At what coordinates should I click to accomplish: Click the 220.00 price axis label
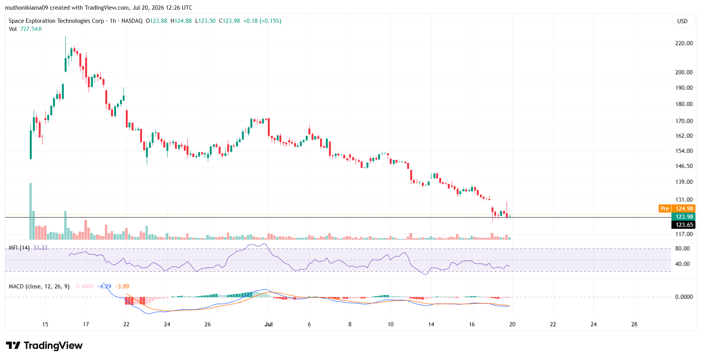[x=684, y=43]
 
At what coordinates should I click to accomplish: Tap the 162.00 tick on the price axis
[x=684, y=136]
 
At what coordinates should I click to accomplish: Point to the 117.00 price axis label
[x=684, y=234]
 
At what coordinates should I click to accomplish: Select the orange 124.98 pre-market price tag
[x=684, y=209]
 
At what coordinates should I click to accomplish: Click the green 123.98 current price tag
[x=684, y=217]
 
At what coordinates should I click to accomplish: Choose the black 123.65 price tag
[x=684, y=225]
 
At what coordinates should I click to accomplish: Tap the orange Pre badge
[x=665, y=209]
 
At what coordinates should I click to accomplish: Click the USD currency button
[x=682, y=21]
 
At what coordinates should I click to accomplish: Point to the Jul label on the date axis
[x=269, y=324]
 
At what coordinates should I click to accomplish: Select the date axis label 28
[x=634, y=324]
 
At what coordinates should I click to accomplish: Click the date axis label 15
[x=45, y=324]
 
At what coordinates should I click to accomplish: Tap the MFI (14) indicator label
[x=19, y=248]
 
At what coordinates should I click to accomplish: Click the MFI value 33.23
[x=40, y=248]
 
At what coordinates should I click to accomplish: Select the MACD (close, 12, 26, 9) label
[x=39, y=286]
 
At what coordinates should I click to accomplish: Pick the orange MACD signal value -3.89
[x=122, y=286]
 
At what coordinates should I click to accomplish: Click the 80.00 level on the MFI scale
[x=683, y=249]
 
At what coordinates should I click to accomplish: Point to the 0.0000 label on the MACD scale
[x=684, y=297]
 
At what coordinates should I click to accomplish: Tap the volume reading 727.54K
[x=31, y=29]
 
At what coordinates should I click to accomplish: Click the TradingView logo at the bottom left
[x=44, y=345]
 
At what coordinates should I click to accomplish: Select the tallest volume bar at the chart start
[x=31, y=211]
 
